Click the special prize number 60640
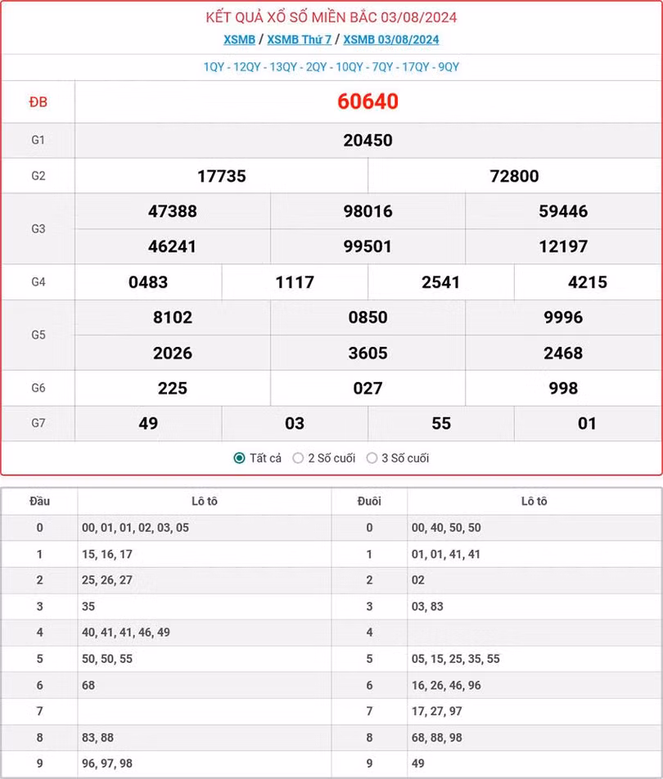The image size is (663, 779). (x=368, y=101)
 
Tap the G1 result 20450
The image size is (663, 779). (x=368, y=140)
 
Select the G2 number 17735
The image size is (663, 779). (x=221, y=176)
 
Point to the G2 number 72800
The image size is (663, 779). (x=514, y=176)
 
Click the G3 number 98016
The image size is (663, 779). (x=368, y=211)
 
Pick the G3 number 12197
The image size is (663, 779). (x=563, y=246)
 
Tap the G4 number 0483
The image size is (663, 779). (x=148, y=282)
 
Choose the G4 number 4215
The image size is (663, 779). (x=587, y=282)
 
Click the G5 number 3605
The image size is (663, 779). (x=368, y=353)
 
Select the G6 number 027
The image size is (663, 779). (x=368, y=388)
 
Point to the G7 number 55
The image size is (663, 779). (x=441, y=423)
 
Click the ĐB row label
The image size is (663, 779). (x=38, y=101)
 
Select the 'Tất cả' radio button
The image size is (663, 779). (x=239, y=458)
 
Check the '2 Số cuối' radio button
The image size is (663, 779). (x=298, y=458)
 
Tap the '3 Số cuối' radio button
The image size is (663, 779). (x=372, y=458)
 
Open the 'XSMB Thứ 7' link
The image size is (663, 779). (x=299, y=39)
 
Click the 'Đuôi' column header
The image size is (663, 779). (x=369, y=501)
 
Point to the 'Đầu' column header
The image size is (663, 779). (x=39, y=501)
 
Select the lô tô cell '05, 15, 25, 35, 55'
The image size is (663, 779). (x=455, y=659)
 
